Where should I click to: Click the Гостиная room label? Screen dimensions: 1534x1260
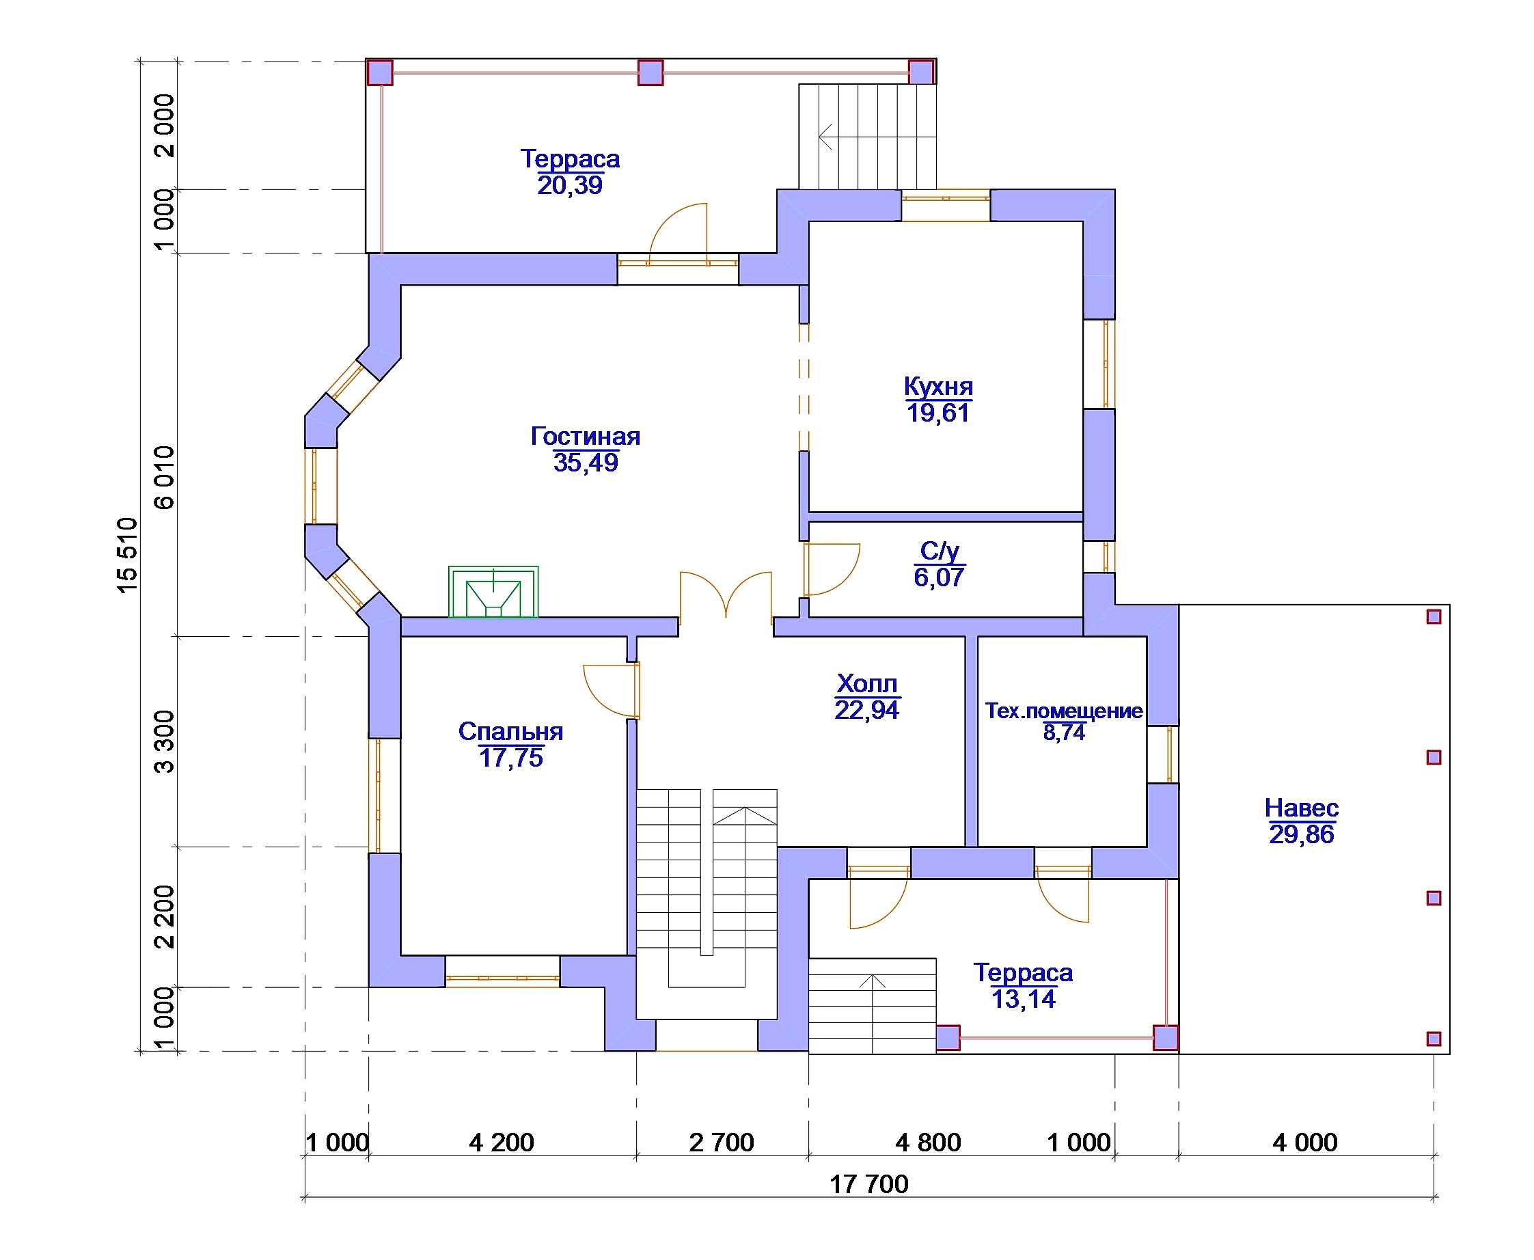[585, 436]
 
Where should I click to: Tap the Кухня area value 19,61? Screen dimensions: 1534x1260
[938, 413]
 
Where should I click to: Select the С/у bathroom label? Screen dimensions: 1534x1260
[939, 551]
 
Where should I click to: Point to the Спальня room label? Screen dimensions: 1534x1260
[511, 732]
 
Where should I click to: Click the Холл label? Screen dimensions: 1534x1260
[866, 684]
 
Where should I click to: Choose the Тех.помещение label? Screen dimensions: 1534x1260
[1064, 711]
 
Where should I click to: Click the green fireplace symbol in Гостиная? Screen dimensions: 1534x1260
[493, 592]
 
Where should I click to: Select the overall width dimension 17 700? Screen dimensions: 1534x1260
[868, 1183]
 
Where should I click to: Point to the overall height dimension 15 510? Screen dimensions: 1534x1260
[127, 555]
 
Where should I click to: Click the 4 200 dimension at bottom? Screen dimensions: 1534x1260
[502, 1142]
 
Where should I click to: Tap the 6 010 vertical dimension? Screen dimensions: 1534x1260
[165, 477]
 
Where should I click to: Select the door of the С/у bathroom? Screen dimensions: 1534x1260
[832, 569]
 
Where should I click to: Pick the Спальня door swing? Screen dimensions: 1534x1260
[611, 690]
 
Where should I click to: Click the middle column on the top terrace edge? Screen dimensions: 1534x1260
[650, 72]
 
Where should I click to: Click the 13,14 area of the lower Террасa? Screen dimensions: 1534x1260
[1023, 1000]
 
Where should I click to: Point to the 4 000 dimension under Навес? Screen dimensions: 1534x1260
[1304, 1142]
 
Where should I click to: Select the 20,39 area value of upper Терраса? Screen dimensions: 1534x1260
[570, 186]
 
